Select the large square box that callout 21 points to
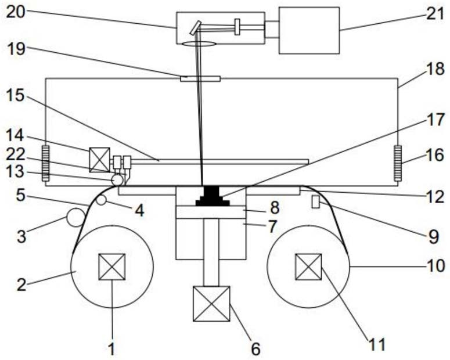click(309, 30)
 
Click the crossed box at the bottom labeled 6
click(211, 304)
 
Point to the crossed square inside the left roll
click(112, 267)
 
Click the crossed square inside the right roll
click(308, 267)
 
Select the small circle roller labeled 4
click(101, 200)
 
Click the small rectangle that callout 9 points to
click(316, 203)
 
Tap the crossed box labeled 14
click(99, 160)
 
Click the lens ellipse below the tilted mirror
click(199, 44)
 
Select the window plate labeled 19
click(200, 78)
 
